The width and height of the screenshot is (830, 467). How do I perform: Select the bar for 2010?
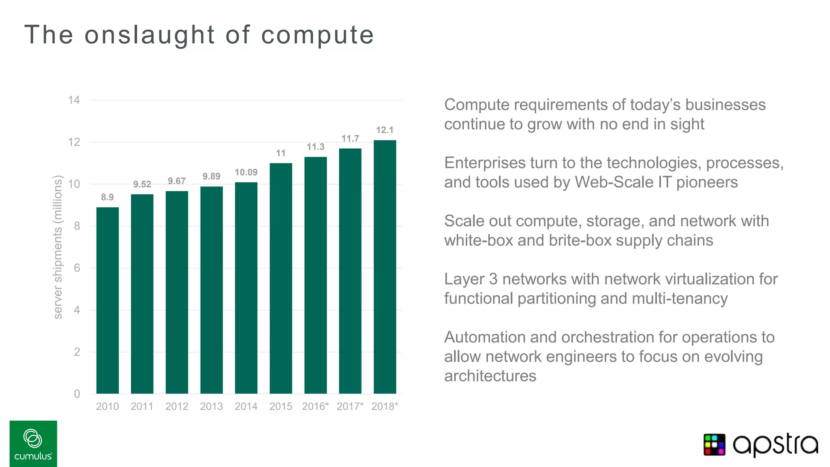[107, 300]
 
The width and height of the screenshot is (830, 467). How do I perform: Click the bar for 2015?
[281, 278]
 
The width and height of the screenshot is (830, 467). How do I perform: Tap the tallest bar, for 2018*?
[385, 267]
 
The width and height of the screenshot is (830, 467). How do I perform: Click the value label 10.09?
[246, 172]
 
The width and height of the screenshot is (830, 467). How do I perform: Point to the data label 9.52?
[142, 184]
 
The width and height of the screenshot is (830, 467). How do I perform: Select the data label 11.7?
[350, 139]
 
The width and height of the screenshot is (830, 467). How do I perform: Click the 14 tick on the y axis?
[74, 100]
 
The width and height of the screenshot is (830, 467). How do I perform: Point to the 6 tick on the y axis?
[77, 268]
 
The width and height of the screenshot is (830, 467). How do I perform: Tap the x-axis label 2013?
[211, 406]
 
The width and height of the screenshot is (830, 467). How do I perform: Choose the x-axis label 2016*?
[315, 406]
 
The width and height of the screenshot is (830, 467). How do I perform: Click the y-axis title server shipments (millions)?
[58, 247]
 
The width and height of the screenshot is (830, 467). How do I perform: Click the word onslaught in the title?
[150, 35]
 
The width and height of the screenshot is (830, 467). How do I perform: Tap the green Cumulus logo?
[33, 443]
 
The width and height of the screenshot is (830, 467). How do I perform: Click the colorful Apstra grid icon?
[714, 445]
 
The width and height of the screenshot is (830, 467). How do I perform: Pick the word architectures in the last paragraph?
[490, 376]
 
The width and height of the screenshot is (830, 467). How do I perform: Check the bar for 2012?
[177, 292]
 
